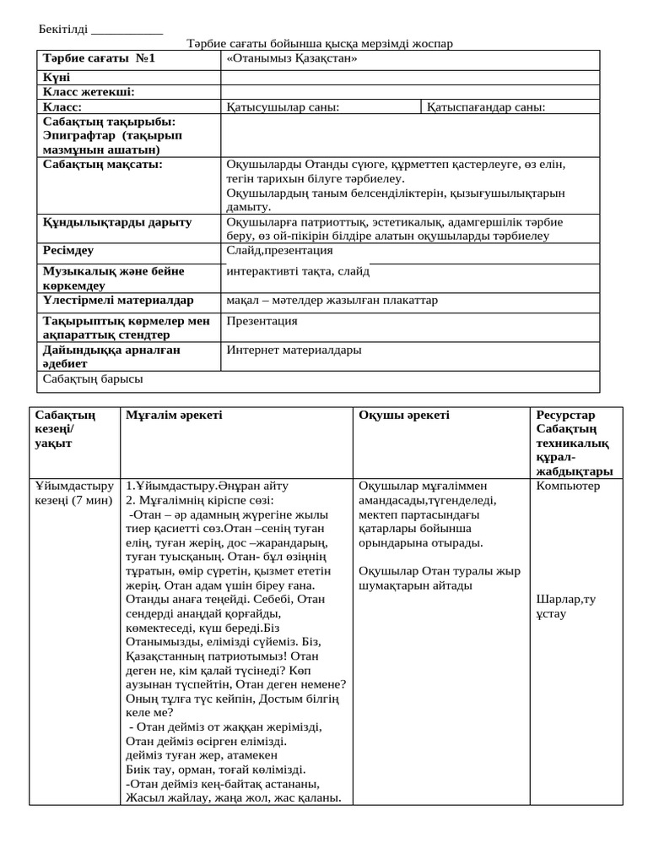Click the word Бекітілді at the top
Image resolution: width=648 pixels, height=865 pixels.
63,30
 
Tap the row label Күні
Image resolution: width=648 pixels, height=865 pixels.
57,77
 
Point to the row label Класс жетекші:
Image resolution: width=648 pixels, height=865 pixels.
89,92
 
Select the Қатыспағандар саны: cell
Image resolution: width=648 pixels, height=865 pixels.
486,107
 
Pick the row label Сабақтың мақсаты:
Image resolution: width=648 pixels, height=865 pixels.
103,164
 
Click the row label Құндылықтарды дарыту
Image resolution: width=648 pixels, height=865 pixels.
117,222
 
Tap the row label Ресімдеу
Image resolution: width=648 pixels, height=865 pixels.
68,251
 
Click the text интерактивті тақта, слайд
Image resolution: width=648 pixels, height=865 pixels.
298,271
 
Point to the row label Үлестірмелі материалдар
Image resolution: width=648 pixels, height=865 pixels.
118,300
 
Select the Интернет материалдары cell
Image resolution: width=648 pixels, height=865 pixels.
294,350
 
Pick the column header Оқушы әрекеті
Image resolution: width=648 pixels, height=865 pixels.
404,415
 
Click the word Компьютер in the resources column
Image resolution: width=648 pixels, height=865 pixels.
568,486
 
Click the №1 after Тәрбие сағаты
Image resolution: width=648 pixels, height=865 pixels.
145,59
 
